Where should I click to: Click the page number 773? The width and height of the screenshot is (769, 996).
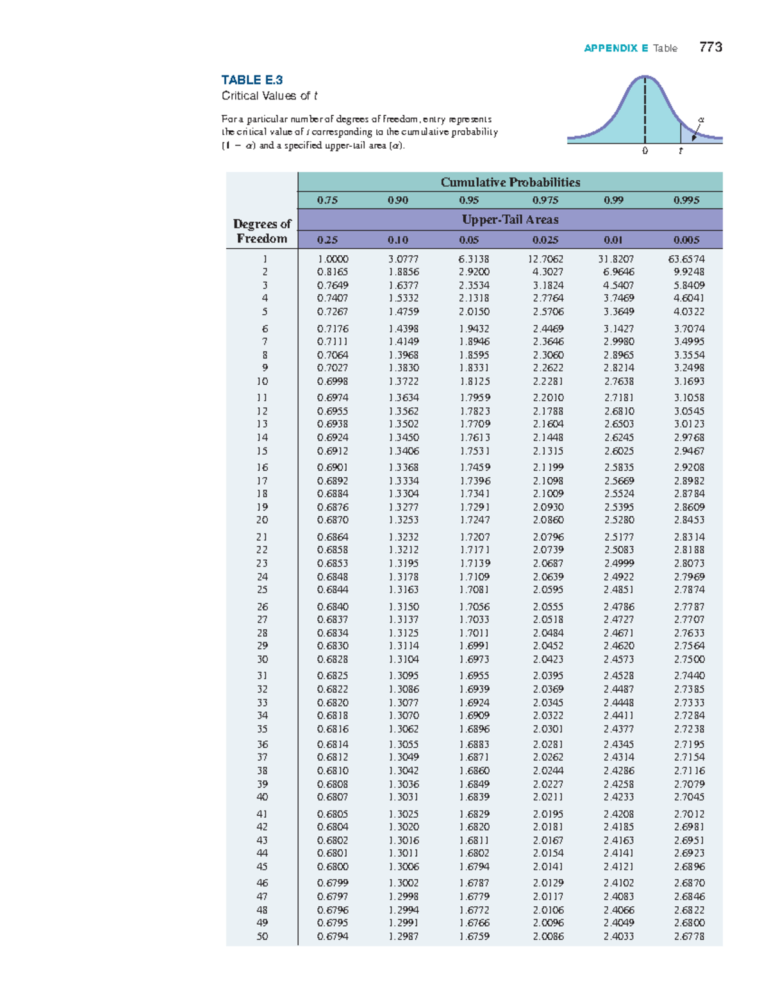click(711, 47)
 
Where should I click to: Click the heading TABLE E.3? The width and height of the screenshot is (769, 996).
click(252, 80)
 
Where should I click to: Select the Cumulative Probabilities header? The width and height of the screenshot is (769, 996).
click(510, 182)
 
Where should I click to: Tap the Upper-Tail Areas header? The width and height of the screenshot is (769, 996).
click(510, 219)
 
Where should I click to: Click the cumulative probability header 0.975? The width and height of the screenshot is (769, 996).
click(545, 200)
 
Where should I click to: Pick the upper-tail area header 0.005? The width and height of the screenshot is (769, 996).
click(686, 240)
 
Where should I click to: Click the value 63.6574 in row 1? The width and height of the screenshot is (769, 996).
click(686, 259)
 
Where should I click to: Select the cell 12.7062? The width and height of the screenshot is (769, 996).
click(545, 259)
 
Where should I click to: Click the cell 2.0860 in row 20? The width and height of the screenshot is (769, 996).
click(548, 520)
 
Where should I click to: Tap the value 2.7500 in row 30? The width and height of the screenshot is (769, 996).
click(689, 659)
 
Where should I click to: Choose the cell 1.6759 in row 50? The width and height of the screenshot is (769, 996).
click(474, 936)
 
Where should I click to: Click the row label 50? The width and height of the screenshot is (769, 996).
click(262, 936)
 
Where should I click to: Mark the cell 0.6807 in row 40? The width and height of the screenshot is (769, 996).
click(333, 797)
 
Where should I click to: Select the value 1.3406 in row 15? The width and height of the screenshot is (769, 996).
click(404, 451)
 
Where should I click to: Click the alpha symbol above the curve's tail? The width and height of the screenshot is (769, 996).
click(701, 119)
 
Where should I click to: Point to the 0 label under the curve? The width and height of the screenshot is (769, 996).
click(645, 151)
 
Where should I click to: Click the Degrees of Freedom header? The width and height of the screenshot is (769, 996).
click(262, 231)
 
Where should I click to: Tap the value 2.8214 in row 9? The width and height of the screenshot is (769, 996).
click(618, 367)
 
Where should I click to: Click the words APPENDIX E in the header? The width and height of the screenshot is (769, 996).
click(616, 48)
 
